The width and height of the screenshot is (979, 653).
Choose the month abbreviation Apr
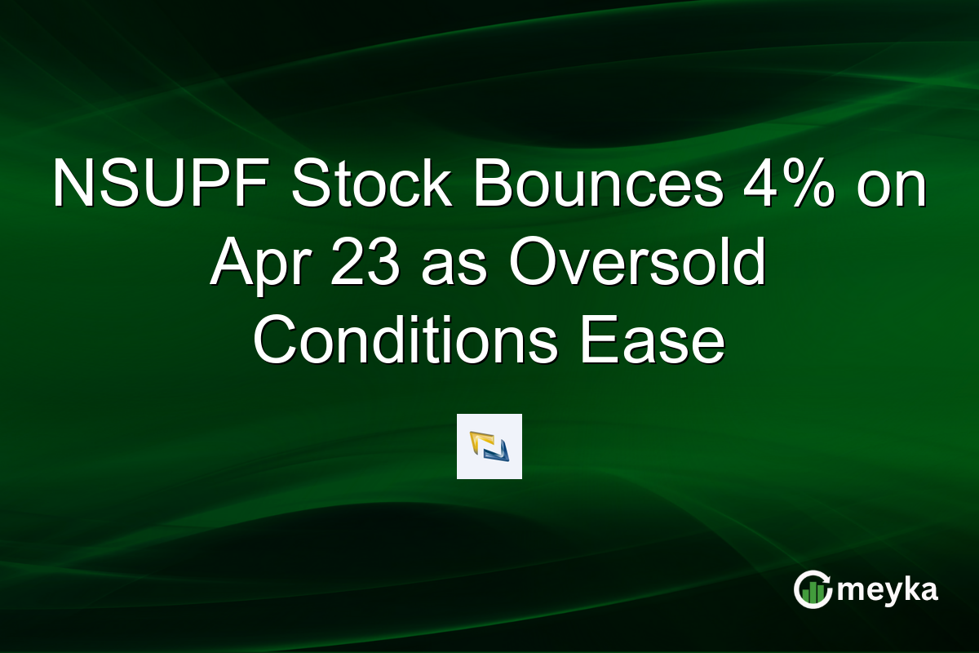click(255, 263)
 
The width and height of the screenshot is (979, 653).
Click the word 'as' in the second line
click(446, 263)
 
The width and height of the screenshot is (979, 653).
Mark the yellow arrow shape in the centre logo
click(481, 441)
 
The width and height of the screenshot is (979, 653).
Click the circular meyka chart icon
click(813, 590)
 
